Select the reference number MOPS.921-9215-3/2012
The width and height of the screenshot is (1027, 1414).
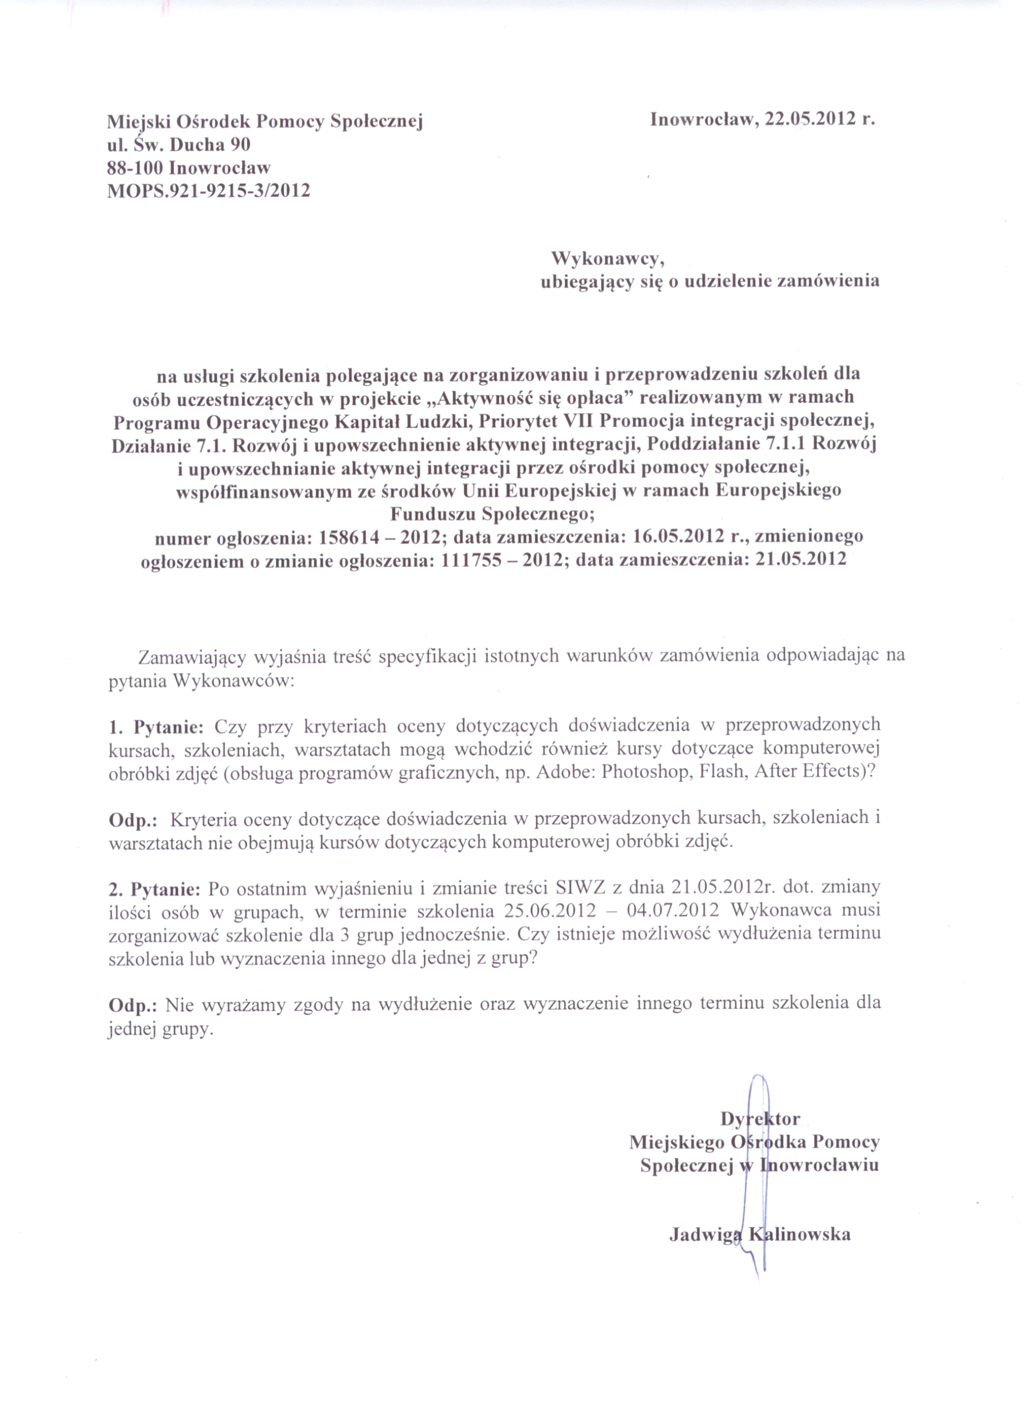pos(209,190)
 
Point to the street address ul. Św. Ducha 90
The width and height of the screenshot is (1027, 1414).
pos(179,144)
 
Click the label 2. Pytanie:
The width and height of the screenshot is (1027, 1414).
pos(155,887)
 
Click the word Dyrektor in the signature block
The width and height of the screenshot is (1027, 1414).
pos(760,1119)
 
